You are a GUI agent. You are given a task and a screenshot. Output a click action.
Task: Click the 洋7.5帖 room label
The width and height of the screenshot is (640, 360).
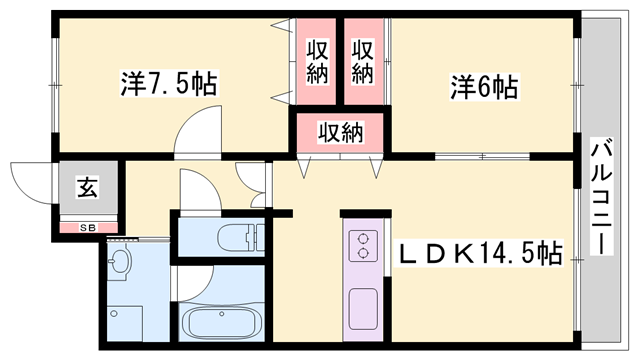(x=169, y=82)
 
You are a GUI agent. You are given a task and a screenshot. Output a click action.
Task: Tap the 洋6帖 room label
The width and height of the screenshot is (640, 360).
(x=483, y=87)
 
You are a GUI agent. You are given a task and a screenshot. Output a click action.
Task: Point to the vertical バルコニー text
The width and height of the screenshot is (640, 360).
(x=602, y=195)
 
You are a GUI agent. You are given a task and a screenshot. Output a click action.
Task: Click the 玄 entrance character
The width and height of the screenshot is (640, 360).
(x=88, y=186)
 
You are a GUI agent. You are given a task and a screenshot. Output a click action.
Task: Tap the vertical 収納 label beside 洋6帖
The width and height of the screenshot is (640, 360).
(x=361, y=60)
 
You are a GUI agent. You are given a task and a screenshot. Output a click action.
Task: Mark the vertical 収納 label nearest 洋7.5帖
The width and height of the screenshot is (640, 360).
(x=318, y=60)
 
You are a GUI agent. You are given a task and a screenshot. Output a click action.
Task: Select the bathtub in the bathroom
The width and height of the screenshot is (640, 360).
(x=221, y=326)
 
